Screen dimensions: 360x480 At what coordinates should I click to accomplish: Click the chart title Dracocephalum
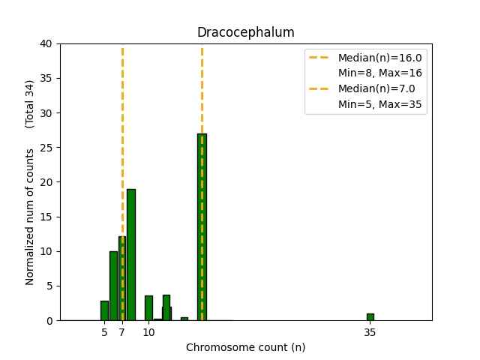pos(245,32)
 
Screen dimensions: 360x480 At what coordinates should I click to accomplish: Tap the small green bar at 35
pos(370,317)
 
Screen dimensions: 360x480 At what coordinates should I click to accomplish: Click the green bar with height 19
pos(131,255)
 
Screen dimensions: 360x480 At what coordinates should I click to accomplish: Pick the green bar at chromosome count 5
pos(104,310)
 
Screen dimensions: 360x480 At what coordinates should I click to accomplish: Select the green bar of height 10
pos(113,286)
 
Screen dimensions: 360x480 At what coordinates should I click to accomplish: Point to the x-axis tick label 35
pos(370,331)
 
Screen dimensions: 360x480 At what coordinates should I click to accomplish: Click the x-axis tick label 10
pos(148,331)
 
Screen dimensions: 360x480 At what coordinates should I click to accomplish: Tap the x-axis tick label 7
pos(122,331)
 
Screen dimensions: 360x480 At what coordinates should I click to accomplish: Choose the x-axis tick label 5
pos(104,331)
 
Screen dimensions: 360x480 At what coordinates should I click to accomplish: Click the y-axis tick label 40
pos(46,43)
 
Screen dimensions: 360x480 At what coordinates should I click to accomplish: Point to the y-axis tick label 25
pos(46,148)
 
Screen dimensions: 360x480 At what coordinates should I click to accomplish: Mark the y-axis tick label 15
pos(46,217)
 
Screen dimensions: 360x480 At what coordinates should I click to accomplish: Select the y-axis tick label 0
pos(49,320)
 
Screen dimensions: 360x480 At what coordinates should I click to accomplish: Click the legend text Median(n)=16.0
pos(379,58)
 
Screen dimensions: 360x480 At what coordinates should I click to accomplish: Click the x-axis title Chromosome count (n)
pos(245,347)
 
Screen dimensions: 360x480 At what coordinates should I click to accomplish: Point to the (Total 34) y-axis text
pos(30,103)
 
